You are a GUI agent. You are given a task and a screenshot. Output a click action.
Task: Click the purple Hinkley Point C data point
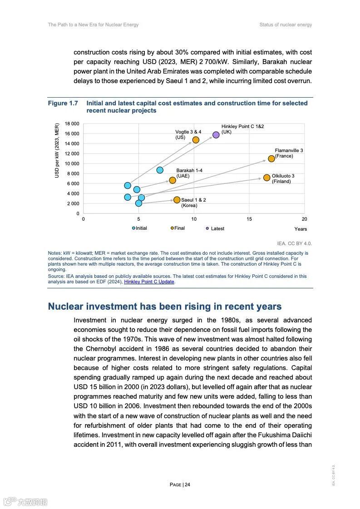tap(216, 135)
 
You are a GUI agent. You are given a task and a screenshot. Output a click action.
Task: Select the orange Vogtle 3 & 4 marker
tap(196, 140)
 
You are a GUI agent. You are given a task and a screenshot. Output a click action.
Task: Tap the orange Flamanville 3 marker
tap(271, 158)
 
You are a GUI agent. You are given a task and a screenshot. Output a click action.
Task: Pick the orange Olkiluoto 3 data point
tap(267, 178)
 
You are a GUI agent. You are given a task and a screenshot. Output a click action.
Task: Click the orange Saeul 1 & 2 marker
tap(177, 200)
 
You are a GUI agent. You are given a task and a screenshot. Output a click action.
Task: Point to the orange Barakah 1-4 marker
tap(173, 180)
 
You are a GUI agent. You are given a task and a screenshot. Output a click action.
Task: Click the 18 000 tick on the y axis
tap(72, 124)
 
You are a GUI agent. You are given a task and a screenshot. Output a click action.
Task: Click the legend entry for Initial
tap(140, 228)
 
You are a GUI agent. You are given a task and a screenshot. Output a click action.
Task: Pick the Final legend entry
tap(178, 228)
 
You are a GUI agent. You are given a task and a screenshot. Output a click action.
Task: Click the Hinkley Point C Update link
tap(149, 282)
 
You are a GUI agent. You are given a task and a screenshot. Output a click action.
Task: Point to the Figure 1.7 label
tap(63, 104)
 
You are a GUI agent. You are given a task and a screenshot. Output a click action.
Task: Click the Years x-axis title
tap(301, 229)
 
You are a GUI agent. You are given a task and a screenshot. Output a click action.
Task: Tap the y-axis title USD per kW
tap(57, 150)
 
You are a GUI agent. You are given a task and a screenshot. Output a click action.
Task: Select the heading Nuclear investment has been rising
tap(165, 306)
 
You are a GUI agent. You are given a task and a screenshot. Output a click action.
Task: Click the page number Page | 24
tap(180, 484)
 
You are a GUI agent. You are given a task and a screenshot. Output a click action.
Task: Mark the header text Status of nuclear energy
tap(286, 25)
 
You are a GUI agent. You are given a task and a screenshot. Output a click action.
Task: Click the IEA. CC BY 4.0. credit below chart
tap(294, 243)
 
